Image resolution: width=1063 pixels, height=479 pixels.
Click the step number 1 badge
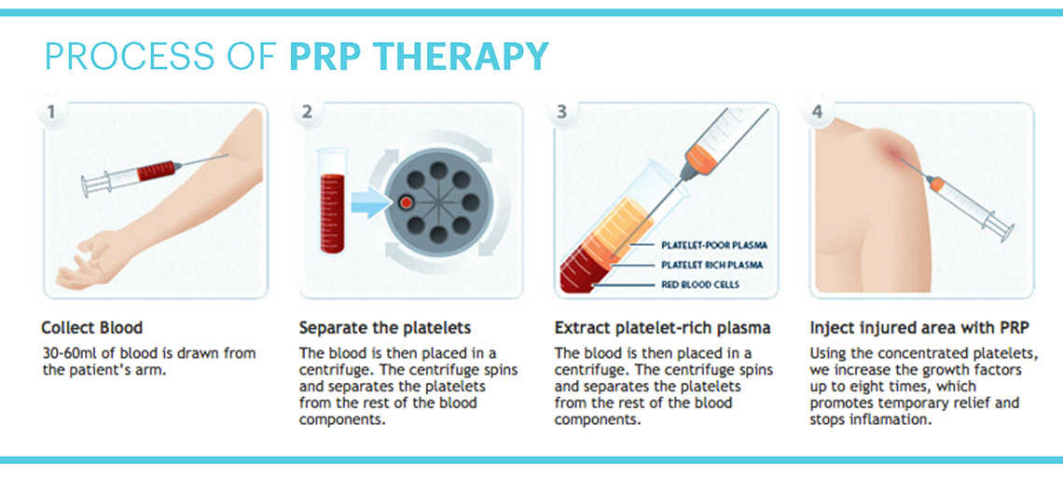(51, 112)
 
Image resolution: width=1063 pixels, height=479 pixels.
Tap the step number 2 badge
(307, 112)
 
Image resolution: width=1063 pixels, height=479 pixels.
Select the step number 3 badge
(562, 112)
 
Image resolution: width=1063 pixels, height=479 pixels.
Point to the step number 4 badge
(817, 112)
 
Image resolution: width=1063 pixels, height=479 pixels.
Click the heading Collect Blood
(92, 328)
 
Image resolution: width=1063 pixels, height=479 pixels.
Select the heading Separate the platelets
(385, 328)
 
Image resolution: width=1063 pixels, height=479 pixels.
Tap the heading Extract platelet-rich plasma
(662, 328)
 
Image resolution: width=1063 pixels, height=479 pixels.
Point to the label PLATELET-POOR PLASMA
(714, 245)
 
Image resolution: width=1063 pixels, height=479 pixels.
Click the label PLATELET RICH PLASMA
(711, 265)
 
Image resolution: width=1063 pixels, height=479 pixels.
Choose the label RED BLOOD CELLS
(699, 284)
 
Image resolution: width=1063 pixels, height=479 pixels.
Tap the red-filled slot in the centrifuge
(407, 202)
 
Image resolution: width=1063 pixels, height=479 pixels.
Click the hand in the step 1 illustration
(92, 261)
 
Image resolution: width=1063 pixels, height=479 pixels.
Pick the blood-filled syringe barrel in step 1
(156, 171)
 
